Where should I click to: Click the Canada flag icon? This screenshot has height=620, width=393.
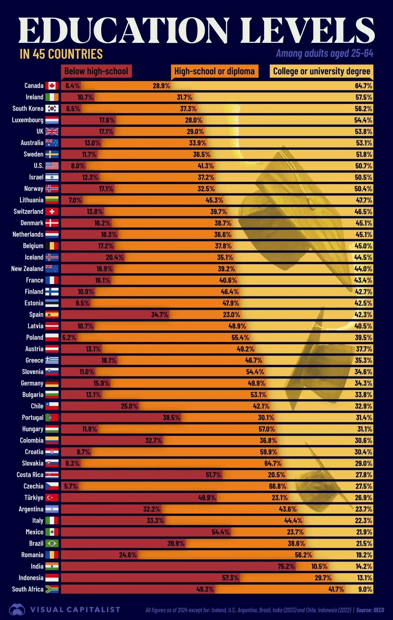52,86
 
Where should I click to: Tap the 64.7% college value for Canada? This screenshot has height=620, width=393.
364,86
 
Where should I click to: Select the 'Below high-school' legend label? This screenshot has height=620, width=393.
96,71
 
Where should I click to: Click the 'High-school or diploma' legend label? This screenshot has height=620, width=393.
215,71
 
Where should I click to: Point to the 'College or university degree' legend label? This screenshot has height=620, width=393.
322,71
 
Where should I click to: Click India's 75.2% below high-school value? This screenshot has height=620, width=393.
286,566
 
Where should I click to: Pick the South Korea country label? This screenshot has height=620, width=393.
28,109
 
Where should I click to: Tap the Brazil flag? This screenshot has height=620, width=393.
52,543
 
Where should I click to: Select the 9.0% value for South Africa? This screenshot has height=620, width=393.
365,589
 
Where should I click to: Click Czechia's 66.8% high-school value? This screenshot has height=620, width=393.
278,486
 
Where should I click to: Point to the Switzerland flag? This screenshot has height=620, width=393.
52,212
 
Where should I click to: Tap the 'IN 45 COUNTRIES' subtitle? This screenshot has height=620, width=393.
61,54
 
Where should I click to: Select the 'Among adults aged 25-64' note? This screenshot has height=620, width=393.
325,53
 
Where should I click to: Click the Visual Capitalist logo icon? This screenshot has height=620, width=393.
17,610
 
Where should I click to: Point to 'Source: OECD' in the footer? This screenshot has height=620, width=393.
370,610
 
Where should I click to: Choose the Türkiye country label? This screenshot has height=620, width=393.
34,498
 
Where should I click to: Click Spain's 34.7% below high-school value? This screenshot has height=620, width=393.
159,315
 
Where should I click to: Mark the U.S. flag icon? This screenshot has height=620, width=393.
52,166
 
